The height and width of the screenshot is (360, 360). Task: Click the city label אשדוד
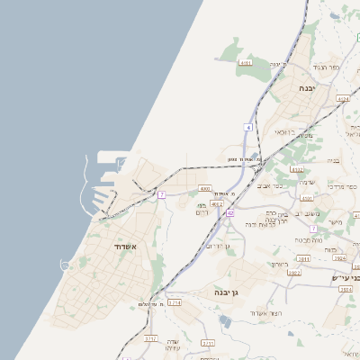(x=124, y=246)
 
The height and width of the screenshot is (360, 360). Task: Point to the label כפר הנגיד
(x=325, y=67)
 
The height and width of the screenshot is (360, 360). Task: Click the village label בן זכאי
(x=286, y=132)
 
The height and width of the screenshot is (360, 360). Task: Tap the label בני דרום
(x=202, y=208)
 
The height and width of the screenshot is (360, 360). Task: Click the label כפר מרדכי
(x=341, y=185)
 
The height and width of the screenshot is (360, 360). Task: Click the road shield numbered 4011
(x=246, y=64)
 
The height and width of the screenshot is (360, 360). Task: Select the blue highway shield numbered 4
(x=247, y=127)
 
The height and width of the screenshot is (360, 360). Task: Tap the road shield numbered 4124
(x=342, y=98)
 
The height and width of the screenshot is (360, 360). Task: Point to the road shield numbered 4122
(x=298, y=168)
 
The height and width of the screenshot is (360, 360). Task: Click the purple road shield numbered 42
(x=229, y=212)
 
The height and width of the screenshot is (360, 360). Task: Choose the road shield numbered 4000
(x=205, y=189)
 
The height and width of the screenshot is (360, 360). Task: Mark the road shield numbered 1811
(x=303, y=258)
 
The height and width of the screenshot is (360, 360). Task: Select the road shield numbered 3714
(x=175, y=303)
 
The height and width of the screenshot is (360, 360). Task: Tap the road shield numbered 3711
(x=208, y=343)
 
